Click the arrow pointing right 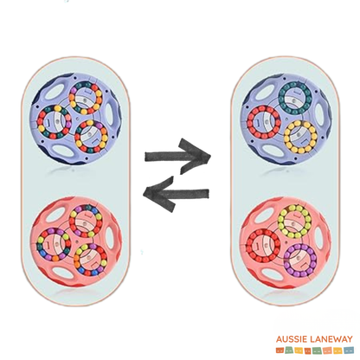177,157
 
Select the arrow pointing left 176,193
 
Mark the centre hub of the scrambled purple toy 76,119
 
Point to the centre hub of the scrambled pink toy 76,241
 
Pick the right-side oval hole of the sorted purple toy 319,113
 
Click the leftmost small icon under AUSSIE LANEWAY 279,350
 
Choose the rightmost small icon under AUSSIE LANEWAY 350,350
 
